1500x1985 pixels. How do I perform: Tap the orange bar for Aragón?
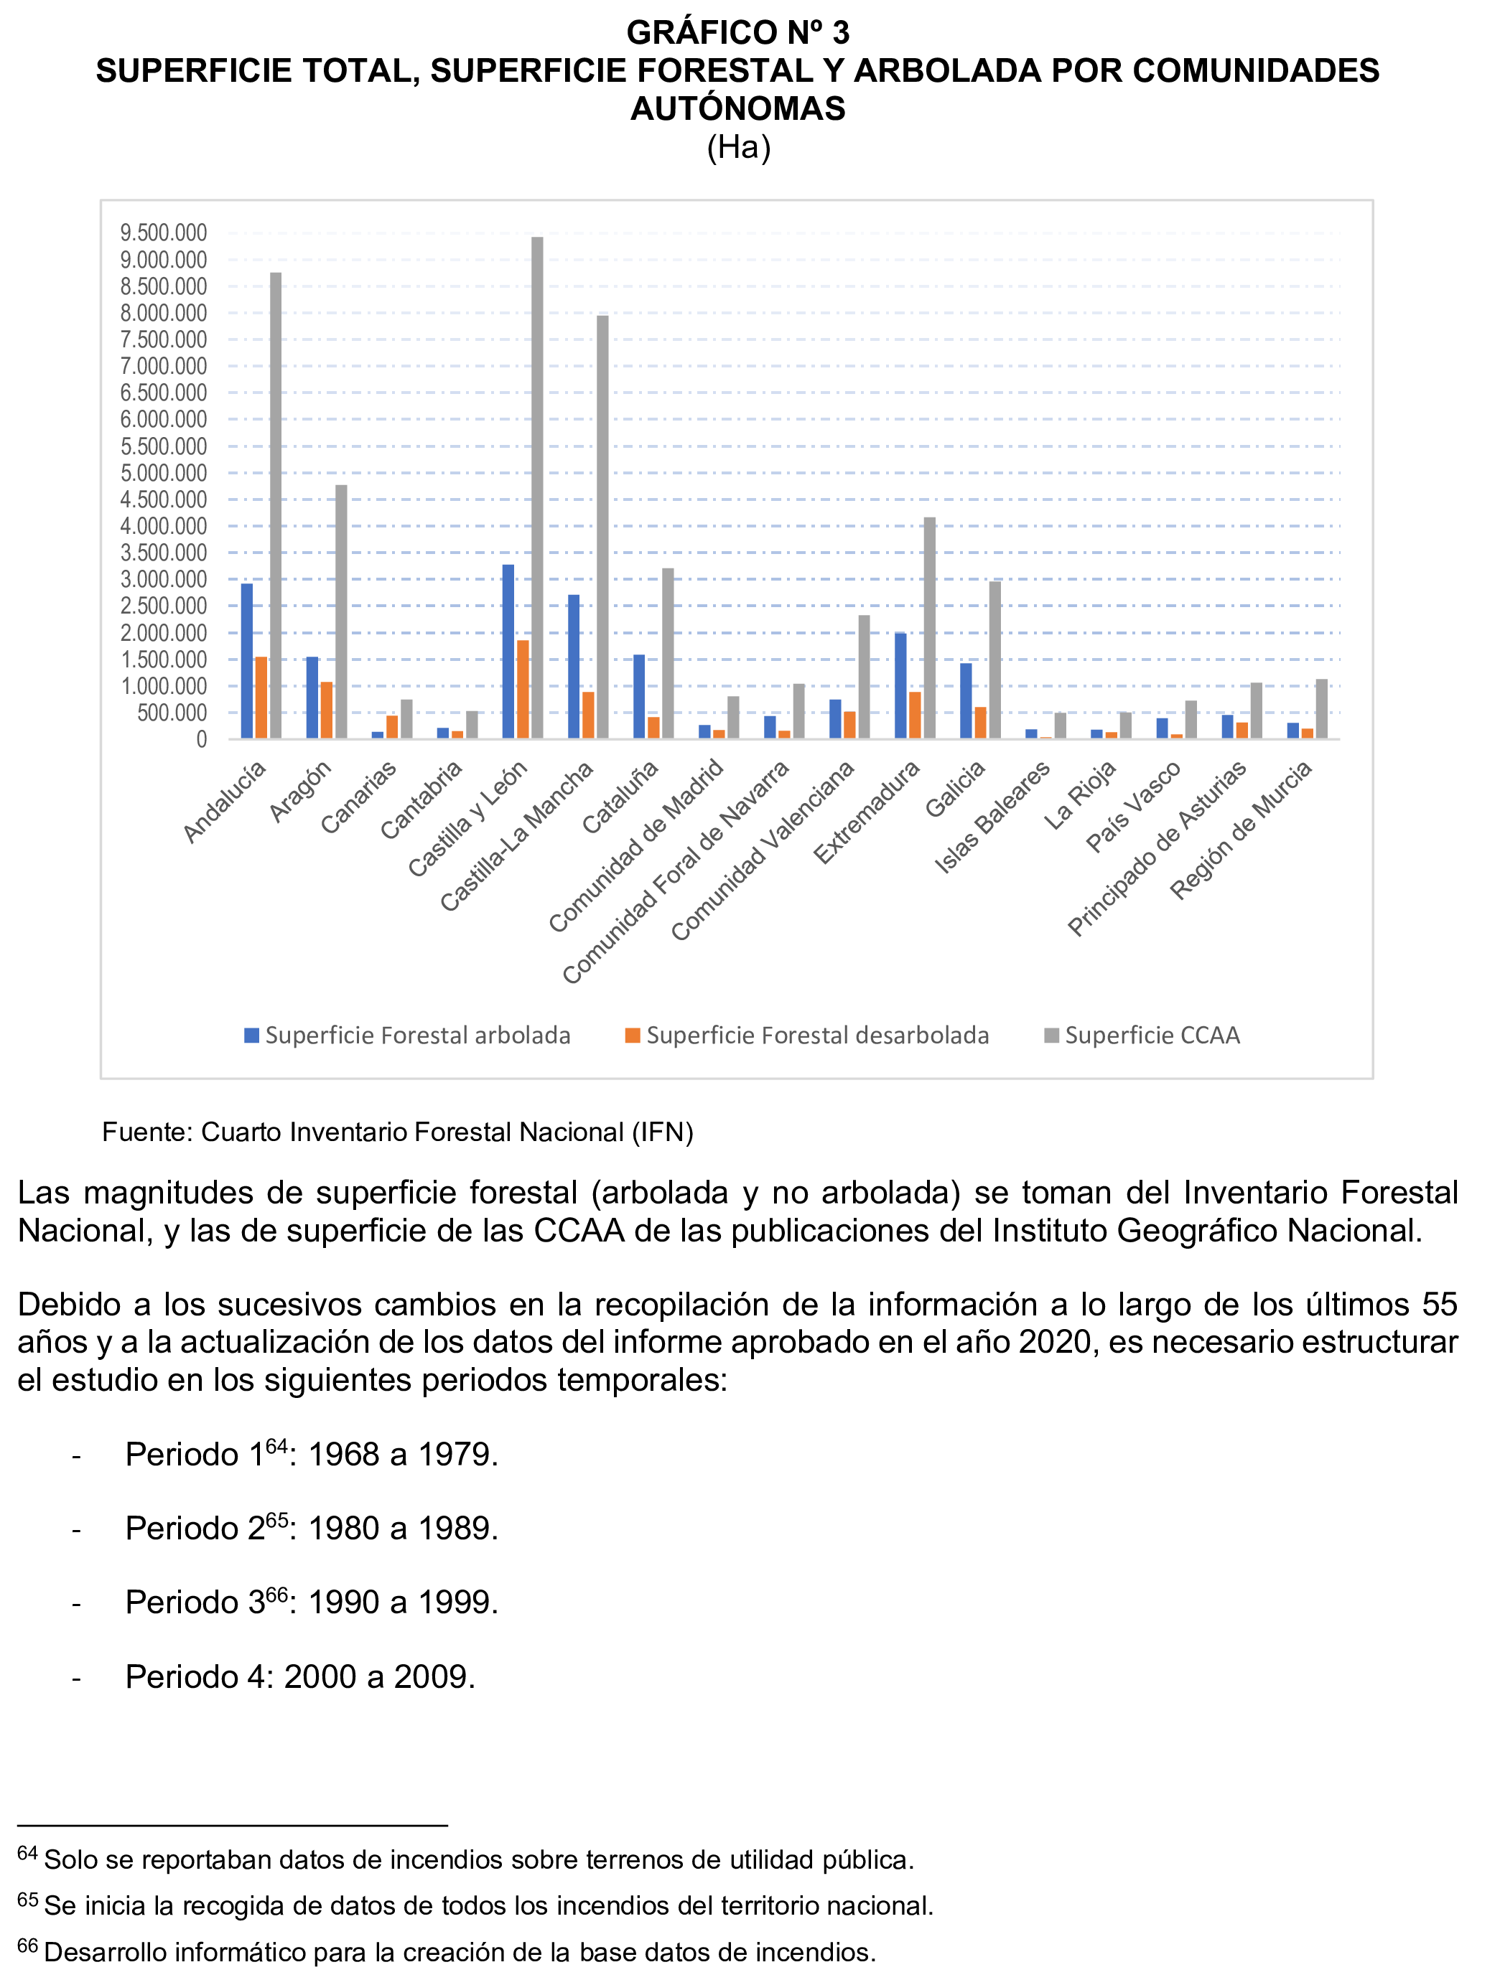click(x=327, y=710)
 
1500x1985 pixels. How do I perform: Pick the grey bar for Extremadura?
click(x=929, y=627)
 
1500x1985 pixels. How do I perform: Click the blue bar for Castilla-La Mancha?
click(x=574, y=666)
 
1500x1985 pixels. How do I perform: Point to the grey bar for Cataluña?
click(x=668, y=652)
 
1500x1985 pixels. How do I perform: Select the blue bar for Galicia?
click(x=966, y=700)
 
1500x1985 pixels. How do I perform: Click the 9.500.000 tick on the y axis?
click(x=164, y=233)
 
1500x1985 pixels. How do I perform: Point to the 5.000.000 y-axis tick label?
click(x=164, y=473)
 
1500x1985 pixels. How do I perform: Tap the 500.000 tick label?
click(x=172, y=713)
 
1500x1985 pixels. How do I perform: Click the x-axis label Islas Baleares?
click(x=993, y=816)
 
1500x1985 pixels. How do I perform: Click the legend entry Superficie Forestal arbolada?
click(x=417, y=1035)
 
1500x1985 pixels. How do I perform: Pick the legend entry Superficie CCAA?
click(x=1152, y=1035)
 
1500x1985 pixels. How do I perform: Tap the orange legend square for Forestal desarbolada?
click(x=633, y=1035)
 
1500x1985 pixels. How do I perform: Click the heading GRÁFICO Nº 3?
click(x=738, y=32)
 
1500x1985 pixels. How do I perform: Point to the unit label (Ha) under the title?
click(x=739, y=146)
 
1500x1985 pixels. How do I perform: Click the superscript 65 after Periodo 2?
click(x=277, y=1519)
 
